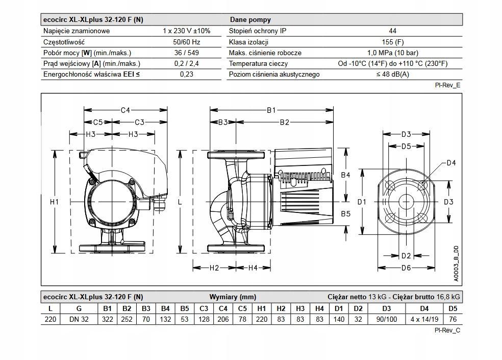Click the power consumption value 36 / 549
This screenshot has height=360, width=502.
point(186,53)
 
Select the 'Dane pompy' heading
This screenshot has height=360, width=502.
point(250,19)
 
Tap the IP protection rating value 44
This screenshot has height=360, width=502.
point(392,31)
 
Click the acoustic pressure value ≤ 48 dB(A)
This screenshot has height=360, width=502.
point(392,74)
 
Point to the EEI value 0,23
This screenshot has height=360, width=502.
point(186,74)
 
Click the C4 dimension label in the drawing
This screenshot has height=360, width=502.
point(125,110)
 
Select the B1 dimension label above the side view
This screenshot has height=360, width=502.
point(271,110)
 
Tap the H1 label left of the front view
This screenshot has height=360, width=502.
point(55,202)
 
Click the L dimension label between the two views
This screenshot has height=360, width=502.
point(180,202)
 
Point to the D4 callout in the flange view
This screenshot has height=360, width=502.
point(451,163)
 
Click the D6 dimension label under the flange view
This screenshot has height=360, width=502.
point(406,268)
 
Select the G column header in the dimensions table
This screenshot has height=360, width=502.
point(79,308)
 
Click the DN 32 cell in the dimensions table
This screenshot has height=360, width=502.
point(79,319)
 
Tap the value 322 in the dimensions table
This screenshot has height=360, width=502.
point(107,319)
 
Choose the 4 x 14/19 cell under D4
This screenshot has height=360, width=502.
point(424,319)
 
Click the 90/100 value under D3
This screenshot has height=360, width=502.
point(386,319)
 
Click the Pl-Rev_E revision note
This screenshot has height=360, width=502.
point(447,85)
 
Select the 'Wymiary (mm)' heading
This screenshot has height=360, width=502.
point(233,297)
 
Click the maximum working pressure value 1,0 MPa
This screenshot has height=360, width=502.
point(392,53)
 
